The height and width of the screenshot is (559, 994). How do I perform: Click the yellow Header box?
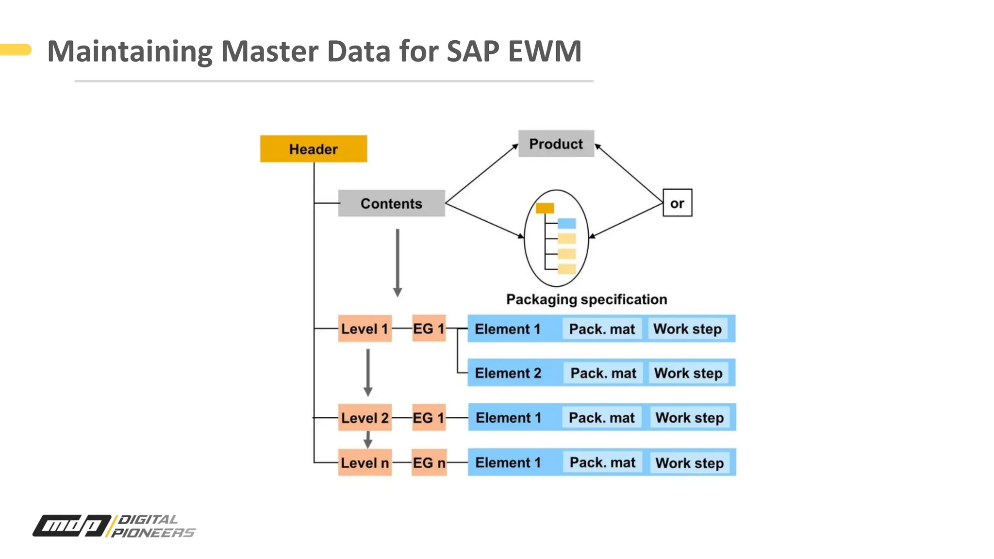314,149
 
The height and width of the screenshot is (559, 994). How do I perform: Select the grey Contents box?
391,203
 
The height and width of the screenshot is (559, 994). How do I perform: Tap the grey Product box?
556,144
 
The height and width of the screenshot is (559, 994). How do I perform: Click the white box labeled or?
677,203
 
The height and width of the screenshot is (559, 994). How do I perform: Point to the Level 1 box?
364,329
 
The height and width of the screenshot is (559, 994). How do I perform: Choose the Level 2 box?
364,417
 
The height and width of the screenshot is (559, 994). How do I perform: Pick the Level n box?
364,462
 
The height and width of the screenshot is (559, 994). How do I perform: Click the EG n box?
429,462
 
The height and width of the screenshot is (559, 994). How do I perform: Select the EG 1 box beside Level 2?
429,417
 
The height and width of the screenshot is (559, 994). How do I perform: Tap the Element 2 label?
508,373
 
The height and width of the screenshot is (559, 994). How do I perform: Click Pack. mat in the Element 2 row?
603,373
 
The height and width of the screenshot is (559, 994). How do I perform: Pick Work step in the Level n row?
689,462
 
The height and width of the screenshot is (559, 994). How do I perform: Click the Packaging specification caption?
586,299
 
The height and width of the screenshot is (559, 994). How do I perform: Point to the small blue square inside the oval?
566,224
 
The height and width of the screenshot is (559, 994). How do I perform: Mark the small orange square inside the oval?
545,209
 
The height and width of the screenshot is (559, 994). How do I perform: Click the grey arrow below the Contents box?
398,262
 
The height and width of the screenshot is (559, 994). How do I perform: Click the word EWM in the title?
545,51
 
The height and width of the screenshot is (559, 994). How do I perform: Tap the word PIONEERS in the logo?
153,533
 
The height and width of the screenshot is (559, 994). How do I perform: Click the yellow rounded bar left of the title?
16,49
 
